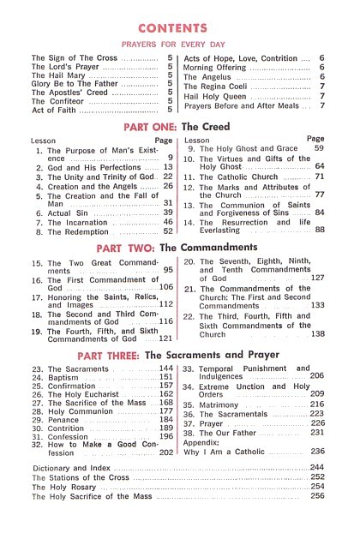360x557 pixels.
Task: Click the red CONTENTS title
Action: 179,27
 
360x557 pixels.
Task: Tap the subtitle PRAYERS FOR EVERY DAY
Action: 179,44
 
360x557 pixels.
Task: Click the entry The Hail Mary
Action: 61,75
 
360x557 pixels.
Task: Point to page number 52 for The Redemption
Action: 168,231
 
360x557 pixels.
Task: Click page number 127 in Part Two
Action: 317,278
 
